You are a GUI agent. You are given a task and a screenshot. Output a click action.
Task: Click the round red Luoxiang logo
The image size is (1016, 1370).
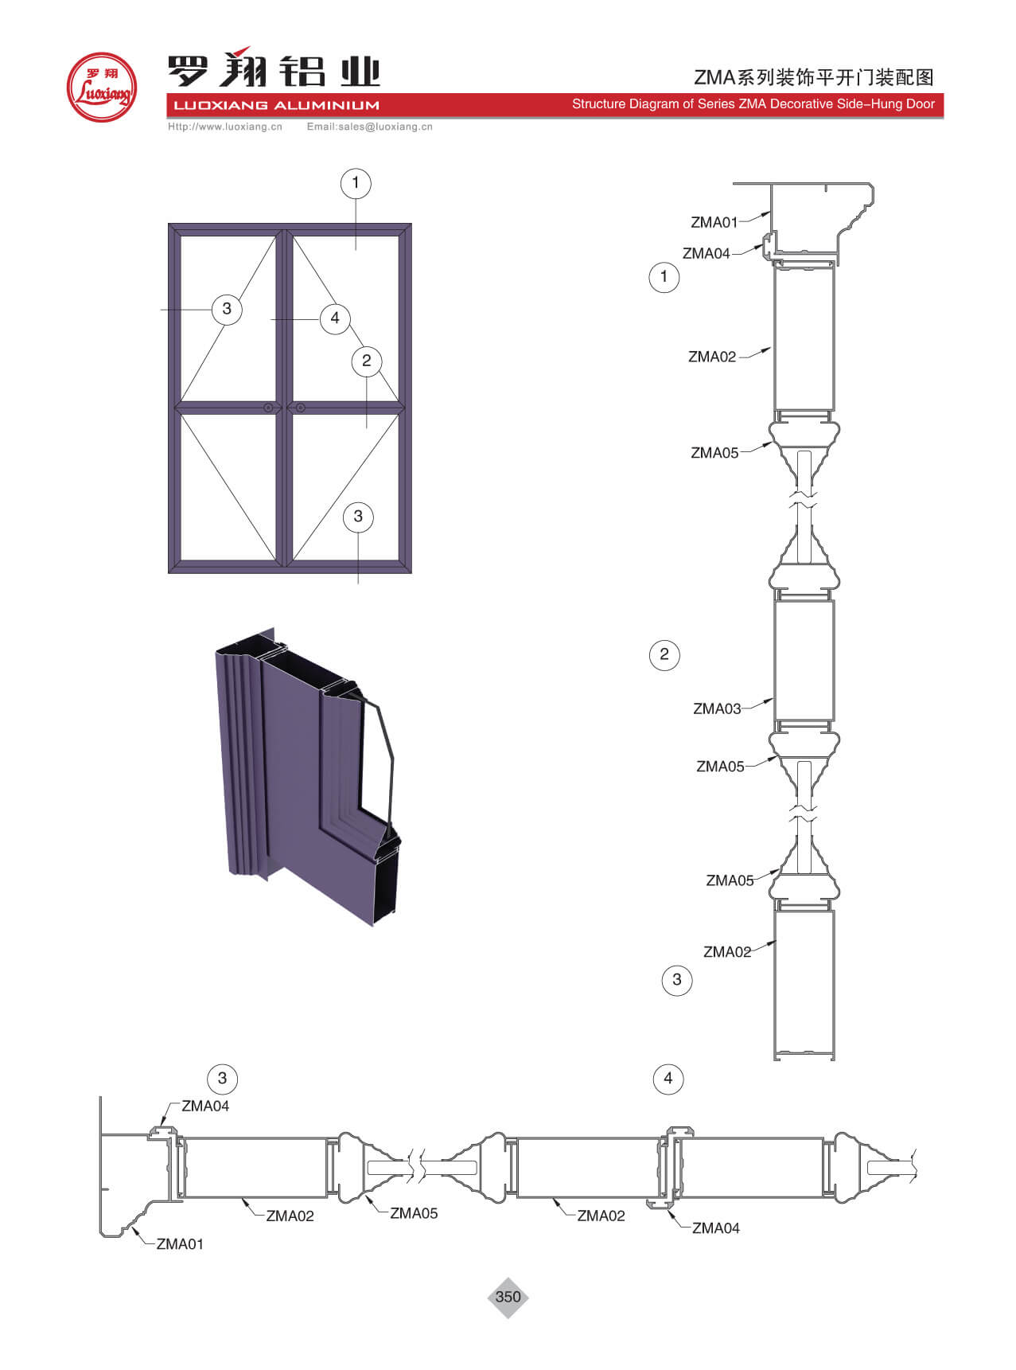pyautogui.click(x=101, y=88)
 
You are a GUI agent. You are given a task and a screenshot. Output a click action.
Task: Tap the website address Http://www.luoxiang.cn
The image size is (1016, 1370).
pyautogui.click(x=225, y=127)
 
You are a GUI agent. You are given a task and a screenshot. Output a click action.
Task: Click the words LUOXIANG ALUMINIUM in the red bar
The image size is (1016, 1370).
pyautogui.click(x=276, y=105)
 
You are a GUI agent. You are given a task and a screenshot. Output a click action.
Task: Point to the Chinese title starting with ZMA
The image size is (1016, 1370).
pyautogui.click(x=814, y=77)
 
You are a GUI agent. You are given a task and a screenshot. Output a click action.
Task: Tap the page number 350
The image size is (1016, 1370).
pyautogui.click(x=508, y=1297)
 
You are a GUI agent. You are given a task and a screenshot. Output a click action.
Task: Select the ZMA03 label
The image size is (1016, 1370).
pyautogui.click(x=717, y=708)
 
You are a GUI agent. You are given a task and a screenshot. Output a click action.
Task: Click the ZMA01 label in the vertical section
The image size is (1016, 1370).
pyautogui.click(x=714, y=222)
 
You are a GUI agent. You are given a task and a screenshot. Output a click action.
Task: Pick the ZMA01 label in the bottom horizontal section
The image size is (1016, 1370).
pyautogui.click(x=180, y=1244)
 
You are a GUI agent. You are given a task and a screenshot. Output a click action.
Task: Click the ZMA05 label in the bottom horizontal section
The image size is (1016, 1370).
pyautogui.click(x=414, y=1213)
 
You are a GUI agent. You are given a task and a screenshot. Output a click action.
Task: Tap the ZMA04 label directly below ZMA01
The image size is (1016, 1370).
pyautogui.click(x=707, y=253)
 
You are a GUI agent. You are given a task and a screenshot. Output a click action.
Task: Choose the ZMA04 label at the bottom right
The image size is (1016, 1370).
pyautogui.click(x=716, y=1228)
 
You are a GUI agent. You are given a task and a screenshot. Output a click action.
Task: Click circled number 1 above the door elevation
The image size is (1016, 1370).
pyautogui.click(x=356, y=183)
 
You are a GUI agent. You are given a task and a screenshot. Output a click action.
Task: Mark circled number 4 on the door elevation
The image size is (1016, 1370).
pyautogui.click(x=335, y=318)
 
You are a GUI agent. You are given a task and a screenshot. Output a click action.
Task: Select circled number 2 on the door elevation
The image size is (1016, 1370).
pyautogui.click(x=366, y=361)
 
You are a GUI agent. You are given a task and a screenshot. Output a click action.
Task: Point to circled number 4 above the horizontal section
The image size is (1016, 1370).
pyautogui.click(x=668, y=1079)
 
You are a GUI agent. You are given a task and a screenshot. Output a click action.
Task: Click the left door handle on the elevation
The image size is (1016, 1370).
pyautogui.click(x=269, y=408)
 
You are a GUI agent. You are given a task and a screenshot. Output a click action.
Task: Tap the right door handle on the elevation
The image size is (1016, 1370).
pyautogui.click(x=301, y=408)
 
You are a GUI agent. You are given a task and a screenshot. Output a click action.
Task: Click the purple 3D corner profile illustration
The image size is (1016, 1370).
pyautogui.click(x=306, y=776)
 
